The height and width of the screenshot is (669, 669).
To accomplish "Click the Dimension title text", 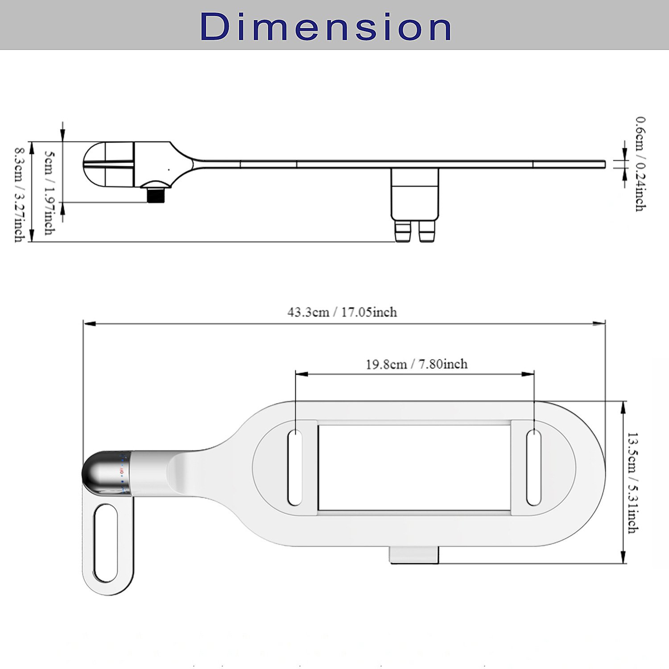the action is [x=326, y=27].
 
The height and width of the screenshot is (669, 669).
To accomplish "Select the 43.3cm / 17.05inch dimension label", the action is [x=342, y=312].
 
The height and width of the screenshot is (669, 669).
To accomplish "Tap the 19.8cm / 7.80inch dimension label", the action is [x=417, y=364].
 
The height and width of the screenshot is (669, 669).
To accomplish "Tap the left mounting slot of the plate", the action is [x=294, y=468].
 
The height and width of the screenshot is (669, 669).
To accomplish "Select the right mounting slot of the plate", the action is [x=534, y=468].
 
